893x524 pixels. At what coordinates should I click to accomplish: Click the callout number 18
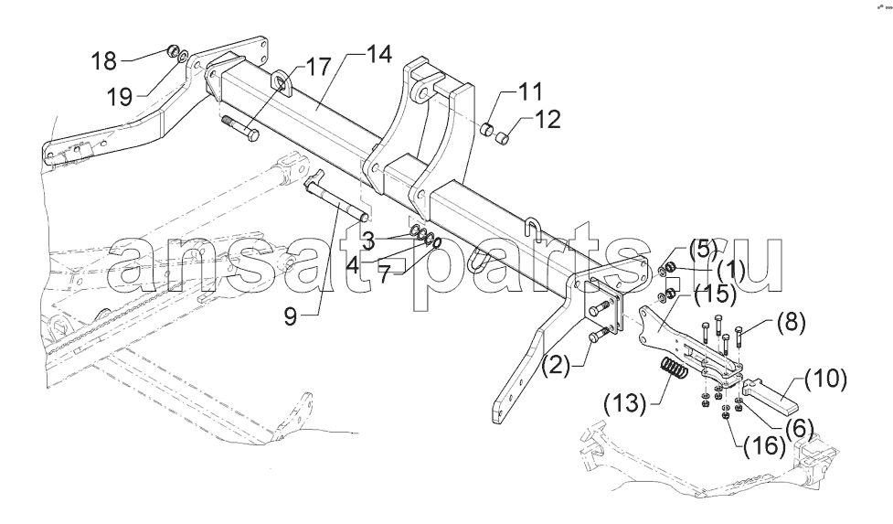(x=104, y=60)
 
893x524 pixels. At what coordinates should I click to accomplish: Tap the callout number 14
(x=379, y=54)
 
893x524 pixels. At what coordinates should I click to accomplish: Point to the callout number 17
(x=318, y=66)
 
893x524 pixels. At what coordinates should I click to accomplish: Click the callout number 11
(x=530, y=91)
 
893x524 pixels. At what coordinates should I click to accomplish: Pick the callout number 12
(x=548, y=119)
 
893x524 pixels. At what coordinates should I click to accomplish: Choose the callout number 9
(x=291, y=316)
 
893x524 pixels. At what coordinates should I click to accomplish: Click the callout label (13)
(x=625, y=404)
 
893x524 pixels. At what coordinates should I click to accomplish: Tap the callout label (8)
(x=791, y=323)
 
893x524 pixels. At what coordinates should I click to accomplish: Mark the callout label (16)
(x=764, y=445)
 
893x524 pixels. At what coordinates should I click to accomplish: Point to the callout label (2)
(x=555, y=365)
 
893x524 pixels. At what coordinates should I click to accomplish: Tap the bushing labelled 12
(x=501, y=138)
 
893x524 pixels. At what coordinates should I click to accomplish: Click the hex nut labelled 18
(x=175, y=50)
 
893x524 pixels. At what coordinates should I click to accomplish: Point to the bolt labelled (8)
(x=739, y=337)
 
